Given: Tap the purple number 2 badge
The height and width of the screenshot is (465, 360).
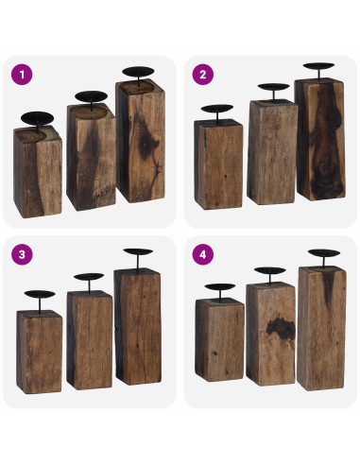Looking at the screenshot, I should tap(202, 74).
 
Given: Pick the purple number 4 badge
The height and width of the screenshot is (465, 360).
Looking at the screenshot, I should tap(202, 254).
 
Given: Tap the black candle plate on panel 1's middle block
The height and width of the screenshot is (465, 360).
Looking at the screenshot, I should tap(90, 96).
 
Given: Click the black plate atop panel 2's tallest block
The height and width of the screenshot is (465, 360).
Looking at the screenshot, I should tap(318, 67).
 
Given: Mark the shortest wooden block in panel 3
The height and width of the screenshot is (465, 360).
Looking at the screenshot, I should tap(40, 351).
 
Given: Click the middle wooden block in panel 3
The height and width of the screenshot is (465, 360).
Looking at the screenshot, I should tap(90, 340).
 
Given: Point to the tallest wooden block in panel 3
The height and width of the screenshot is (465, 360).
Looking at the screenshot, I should tap(138, 326).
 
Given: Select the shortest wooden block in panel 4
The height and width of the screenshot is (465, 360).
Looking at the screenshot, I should tap(219, 340).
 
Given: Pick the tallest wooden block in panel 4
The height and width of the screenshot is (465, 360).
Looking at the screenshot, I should tap(321, 326).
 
